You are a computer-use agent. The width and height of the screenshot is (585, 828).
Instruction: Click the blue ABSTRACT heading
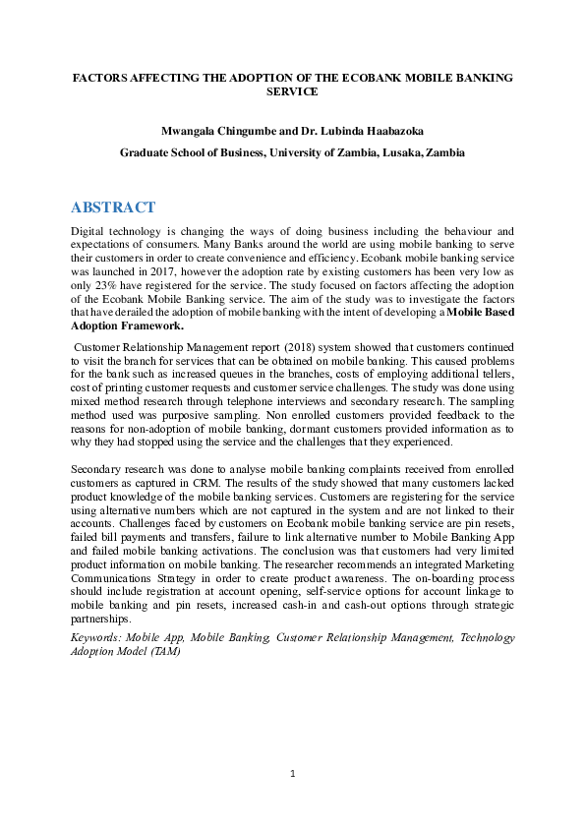tap(113, 207)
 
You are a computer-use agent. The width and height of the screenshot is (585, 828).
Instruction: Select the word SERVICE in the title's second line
tap(293, 90)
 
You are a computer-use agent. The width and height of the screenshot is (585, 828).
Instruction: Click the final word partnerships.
tap(101, 621)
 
